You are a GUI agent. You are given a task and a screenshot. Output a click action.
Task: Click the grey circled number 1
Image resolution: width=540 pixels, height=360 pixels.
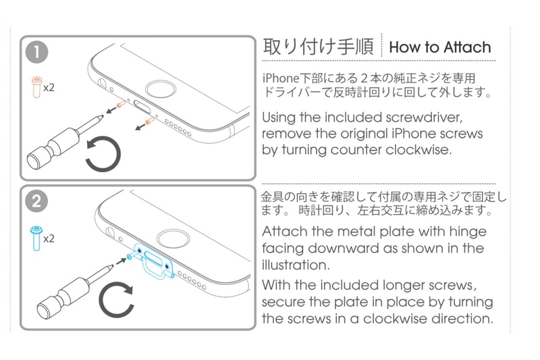click(x=36, y=52)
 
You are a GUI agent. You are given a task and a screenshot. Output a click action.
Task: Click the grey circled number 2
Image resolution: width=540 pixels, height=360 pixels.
click(x=36, y=201)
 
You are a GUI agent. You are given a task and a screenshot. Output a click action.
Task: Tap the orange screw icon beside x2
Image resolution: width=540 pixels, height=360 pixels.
click(x=36, y=87)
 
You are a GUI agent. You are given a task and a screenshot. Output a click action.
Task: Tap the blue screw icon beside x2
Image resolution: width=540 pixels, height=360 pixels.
click(x=36, y=238)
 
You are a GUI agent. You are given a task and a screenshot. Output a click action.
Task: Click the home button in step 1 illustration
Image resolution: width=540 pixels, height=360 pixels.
click(x=161, y=90)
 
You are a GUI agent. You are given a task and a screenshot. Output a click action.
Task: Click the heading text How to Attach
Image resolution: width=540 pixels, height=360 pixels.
click(x=440, y=47)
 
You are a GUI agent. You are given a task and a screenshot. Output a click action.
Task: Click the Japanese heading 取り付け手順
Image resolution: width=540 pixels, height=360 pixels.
click(x=318, y=47)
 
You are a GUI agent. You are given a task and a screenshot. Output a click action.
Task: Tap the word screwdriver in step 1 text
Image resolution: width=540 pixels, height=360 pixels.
click(x=425, y=118)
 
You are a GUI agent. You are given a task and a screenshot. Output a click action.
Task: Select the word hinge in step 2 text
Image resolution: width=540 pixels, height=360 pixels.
click(x=468, y=232)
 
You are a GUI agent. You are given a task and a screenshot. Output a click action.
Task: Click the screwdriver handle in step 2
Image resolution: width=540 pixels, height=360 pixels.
click(x=62, y=299)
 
